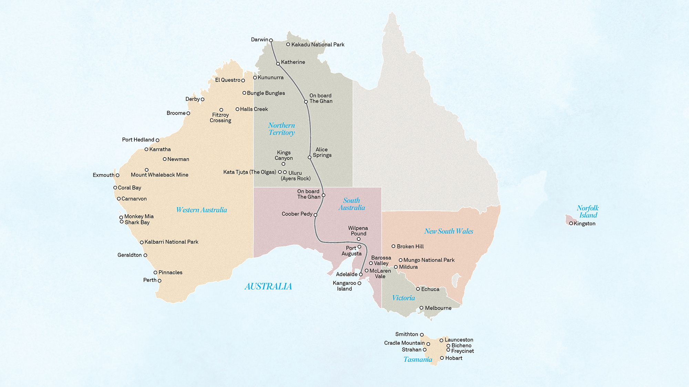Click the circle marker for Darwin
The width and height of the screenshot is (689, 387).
(x=271, y=40)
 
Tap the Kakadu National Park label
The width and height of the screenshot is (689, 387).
(x=318, y=45)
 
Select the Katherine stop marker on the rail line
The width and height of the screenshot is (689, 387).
(x=278, y=64)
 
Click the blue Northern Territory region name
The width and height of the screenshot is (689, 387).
(x=281, y=129)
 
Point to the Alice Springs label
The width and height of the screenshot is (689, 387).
(x=322, y=152)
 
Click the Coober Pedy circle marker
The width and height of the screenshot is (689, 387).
(x=315, y=215)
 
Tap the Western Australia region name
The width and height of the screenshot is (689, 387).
(x=202, y=210)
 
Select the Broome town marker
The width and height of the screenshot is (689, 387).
(x=188, y=113)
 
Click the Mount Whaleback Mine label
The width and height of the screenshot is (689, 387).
(x=160, y=175)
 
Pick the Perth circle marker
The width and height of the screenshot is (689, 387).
(x=160, y=281)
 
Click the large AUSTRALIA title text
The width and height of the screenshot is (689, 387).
(x=268, y=286)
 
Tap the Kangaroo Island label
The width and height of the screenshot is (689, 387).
(x=344, y=286)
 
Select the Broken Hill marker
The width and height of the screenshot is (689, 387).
(x=393, y=246)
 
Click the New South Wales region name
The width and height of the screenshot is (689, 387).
(x=449, y=231)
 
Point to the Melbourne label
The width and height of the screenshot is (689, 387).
(x=438, y=308)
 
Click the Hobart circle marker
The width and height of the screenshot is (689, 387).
(x=442, y=358)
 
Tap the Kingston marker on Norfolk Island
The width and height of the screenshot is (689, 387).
(x=571, y=224)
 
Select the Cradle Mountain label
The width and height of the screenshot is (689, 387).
(x=404, y=343)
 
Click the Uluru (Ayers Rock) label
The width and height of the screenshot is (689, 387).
(x=296, y=176)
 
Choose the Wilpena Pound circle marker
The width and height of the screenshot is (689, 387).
(x=359, y=239)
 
